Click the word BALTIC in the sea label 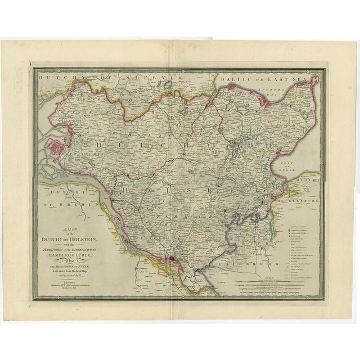pyautogui.click(x=237, y=79)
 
